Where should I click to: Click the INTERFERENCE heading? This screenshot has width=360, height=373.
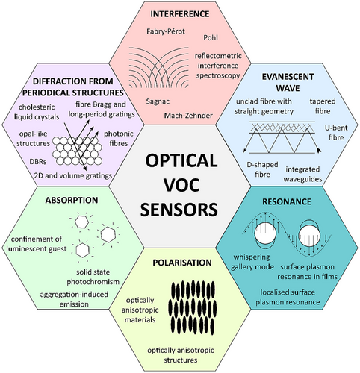[x=179, y=14]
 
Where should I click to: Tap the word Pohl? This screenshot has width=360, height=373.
[x=211, y=37]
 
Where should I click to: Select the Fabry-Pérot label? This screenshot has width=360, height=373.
[x=166, y=31]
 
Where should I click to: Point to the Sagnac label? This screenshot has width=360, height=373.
[x=158, y=101]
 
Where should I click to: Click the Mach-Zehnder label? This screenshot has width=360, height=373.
[x=188, y=116]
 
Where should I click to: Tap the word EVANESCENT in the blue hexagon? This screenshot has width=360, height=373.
[x=288, y=77]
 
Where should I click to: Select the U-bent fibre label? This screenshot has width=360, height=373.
[x=336, y=133]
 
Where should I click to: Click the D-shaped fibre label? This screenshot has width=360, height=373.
[x=262, y=169]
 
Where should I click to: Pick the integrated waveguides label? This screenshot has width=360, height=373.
[x=302, y=174]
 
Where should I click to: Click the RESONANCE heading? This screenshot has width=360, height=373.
[x=287, y=201]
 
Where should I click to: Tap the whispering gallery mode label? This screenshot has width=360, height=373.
[x=252, y=262]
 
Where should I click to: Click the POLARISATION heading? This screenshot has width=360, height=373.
[x=182, y=263]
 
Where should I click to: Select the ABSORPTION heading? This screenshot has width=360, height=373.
[x=72, y=200]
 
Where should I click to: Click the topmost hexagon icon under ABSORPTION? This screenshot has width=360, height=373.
[x=81, y=222]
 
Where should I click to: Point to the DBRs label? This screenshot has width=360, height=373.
[x=38, y=162]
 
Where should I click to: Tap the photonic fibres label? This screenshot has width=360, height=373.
[x=119, y=139]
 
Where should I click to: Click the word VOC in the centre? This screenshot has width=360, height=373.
[x=181, y=185]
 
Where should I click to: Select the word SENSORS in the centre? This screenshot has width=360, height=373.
[x=179, y=209]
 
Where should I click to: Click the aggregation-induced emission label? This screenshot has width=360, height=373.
[x=74, y=299]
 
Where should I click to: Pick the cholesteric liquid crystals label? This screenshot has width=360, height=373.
[x=37, y=112]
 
